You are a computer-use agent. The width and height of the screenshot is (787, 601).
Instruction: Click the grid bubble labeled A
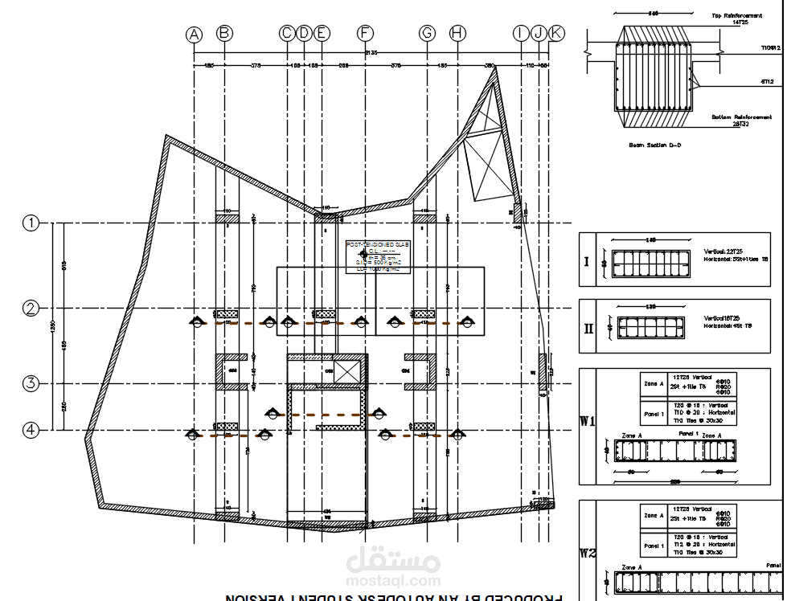(x=194, y=34)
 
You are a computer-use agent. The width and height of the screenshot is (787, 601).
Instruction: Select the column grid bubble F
(x=366, y=33)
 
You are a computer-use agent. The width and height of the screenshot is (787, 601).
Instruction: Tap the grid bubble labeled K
(x=556, y=33)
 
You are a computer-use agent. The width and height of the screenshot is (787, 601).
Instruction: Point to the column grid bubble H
(x=457, y=33)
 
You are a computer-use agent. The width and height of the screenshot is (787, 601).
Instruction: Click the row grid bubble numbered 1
(x=31, y=223)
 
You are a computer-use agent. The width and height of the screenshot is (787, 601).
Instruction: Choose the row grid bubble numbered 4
(x=31, y=430)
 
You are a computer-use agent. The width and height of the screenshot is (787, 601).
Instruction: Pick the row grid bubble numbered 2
(x=31, y=309)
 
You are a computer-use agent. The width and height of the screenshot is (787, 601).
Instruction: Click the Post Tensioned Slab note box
(x=378, y=256)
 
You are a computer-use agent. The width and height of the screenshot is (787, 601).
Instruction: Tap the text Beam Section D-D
(x=654, y=145)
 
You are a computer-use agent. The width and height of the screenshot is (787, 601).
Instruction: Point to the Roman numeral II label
(x=589, y=329)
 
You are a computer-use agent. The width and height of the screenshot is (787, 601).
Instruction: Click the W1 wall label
(x=589, y=420)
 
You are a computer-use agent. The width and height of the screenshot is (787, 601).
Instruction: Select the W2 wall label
(x=589, y=553)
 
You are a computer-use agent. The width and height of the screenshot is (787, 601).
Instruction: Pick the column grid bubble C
(x=287, y=33)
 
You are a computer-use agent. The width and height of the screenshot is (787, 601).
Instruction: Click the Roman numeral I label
(x=587, y=261)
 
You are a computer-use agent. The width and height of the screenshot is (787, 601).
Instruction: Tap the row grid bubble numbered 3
(x=31, y=384)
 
